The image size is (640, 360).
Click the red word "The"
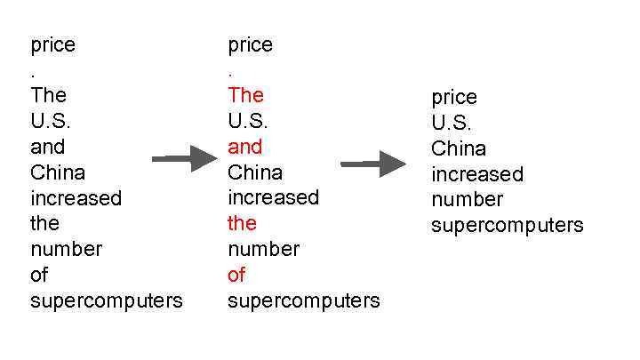245,95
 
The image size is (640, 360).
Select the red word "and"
244,147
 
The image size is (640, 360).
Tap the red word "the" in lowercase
242,223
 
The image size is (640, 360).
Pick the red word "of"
236,275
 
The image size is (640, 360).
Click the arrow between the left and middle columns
184,159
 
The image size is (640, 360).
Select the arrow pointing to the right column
373,164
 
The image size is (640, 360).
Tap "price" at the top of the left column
52,44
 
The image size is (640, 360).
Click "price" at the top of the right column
454,97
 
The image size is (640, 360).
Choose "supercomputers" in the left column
107,300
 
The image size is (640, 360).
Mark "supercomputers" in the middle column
303,300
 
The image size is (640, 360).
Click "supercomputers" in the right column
508,225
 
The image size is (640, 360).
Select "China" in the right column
459,148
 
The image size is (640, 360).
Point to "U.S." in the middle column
248,121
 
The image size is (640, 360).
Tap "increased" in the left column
76,197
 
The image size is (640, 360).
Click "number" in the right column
468,199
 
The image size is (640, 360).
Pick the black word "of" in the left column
39,275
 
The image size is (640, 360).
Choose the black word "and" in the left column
48,147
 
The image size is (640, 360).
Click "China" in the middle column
255,172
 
